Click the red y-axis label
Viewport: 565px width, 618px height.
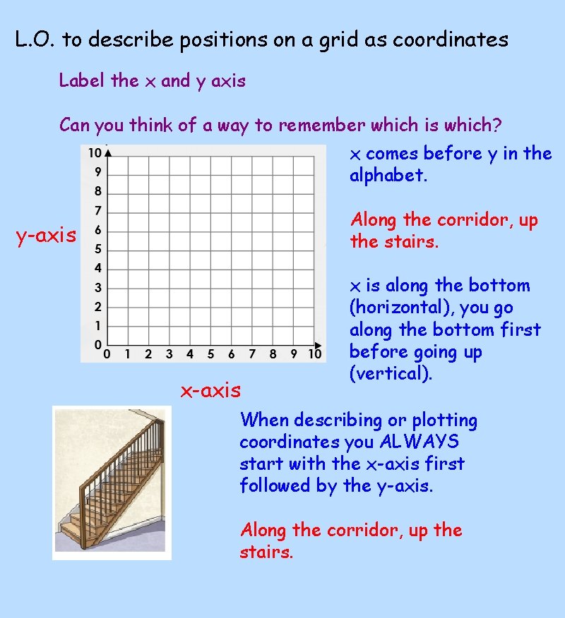point(46,236)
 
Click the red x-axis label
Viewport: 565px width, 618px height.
point(210,389)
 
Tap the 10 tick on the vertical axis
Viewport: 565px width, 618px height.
point(93,153)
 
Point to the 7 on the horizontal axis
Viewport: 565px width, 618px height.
point(252,353)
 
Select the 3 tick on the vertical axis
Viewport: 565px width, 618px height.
point(98,287)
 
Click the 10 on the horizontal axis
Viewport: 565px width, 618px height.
point(315,353)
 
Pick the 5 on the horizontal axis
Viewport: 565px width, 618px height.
point(210,353)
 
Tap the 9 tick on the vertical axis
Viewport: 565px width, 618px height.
point(98,172)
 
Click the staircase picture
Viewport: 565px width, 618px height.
point(112,483)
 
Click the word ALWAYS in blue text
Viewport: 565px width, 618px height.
point(420,442)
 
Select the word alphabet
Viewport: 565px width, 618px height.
point(388,176)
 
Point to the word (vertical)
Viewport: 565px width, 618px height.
point(391,374)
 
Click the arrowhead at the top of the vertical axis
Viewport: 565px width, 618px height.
point(107,150)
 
